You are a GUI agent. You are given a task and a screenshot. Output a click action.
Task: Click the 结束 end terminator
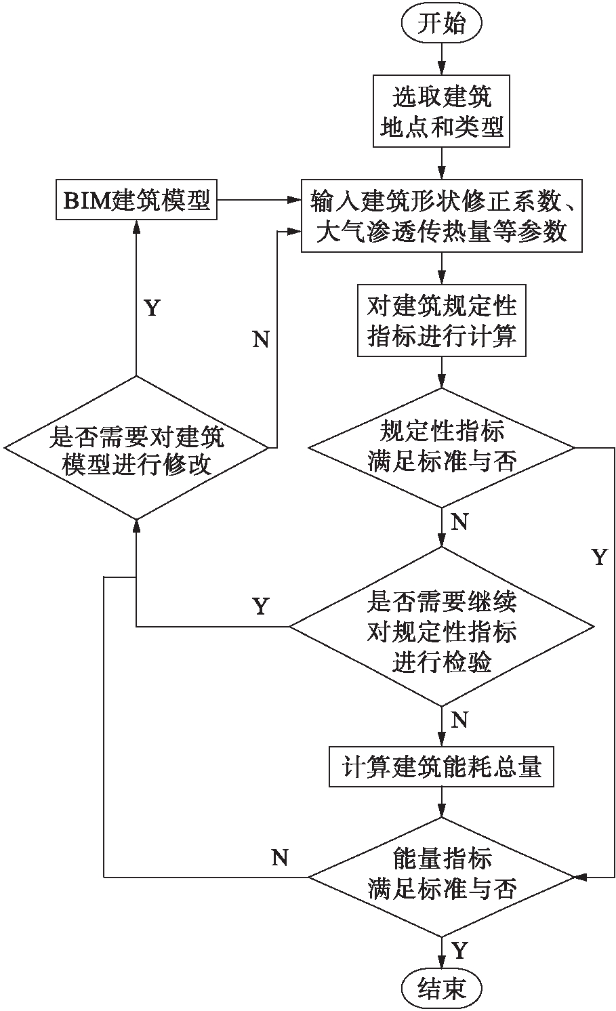coord(441,987)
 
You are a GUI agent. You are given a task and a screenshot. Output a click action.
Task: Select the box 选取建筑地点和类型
coord(441,111)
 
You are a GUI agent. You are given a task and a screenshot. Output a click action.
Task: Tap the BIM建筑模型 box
coord(136,201)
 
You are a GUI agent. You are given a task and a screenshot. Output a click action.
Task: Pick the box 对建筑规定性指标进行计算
coord(441,321)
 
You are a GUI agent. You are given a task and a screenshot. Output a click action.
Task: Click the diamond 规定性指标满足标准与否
coord(441,447)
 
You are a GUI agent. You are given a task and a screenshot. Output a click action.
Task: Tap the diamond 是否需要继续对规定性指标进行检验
coord(441,627)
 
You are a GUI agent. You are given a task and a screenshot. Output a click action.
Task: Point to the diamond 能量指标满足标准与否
coord(441,876)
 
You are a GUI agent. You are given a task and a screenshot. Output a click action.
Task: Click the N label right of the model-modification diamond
coord(261,339)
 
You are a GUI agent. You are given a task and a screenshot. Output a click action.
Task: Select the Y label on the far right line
coord(599,557)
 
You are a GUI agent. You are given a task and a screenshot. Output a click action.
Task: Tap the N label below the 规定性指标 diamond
coord(459,522)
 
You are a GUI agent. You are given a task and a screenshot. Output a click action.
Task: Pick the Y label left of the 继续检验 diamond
coord(261,606)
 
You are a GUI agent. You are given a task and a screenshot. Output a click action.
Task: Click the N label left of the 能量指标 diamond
coord(280,857)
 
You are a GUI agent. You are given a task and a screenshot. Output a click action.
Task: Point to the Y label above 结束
coord(459,950)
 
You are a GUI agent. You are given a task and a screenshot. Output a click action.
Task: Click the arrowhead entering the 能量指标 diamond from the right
coord(580,876)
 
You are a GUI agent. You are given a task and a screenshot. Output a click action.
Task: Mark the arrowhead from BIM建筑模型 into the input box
coord(295,200)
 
